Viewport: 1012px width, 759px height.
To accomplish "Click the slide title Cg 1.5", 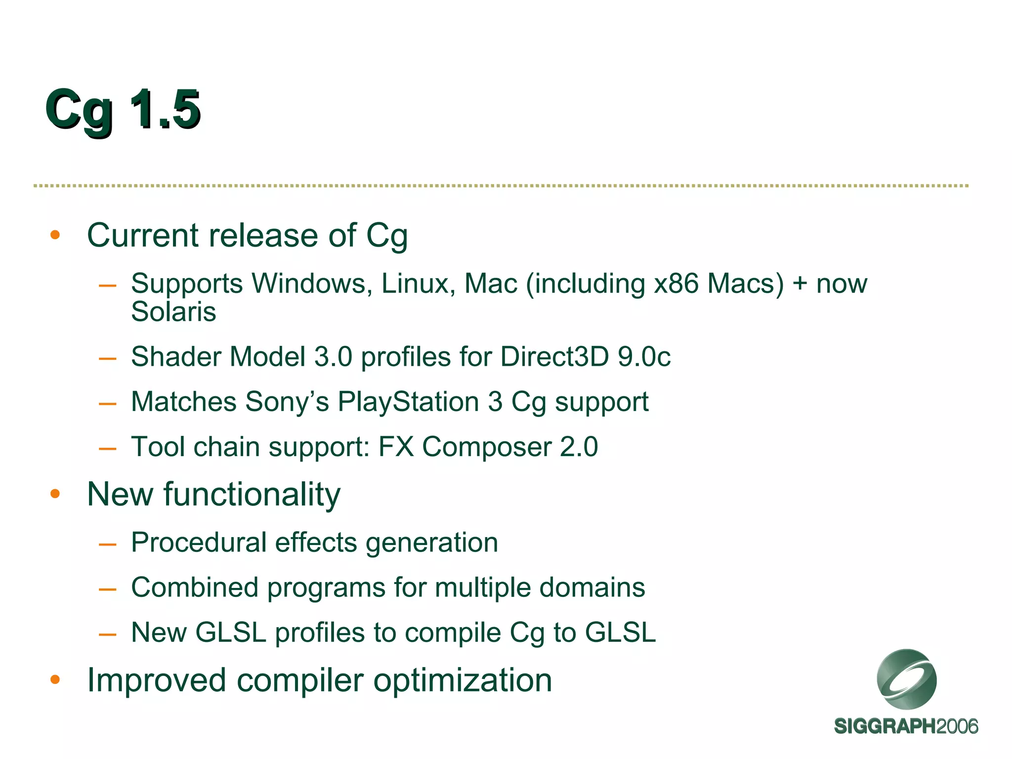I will click(123, 110).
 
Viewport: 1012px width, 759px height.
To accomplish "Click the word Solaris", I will click(173, 312).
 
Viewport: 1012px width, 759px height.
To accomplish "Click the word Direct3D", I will click(554, 357).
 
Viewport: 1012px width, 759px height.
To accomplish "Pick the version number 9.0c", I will click(644, 357).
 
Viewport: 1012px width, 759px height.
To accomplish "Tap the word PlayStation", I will click(408, 402).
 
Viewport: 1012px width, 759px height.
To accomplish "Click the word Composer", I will click(486, 447).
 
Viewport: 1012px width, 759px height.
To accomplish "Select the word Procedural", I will click(199, 543).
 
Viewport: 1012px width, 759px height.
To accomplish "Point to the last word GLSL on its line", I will click(620, 633).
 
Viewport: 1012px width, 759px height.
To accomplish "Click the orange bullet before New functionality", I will click(55, 494).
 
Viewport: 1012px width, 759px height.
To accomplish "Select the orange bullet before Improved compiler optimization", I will click(55, 680).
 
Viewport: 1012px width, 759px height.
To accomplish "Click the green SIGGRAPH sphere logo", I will click(906, 679).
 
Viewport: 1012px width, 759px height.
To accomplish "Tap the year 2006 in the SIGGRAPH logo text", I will click(957, 727).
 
